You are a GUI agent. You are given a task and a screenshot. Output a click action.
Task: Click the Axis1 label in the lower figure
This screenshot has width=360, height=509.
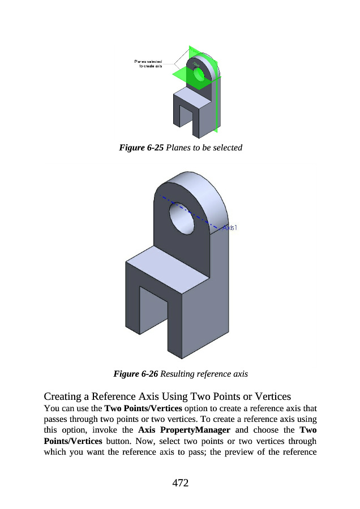point(229,228)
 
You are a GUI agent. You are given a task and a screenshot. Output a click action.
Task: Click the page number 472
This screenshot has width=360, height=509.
point(180,482)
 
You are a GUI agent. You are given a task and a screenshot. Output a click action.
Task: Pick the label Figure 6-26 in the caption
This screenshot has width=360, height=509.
point(136,374)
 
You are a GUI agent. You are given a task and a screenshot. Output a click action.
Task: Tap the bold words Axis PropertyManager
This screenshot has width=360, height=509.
point(183,430)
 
